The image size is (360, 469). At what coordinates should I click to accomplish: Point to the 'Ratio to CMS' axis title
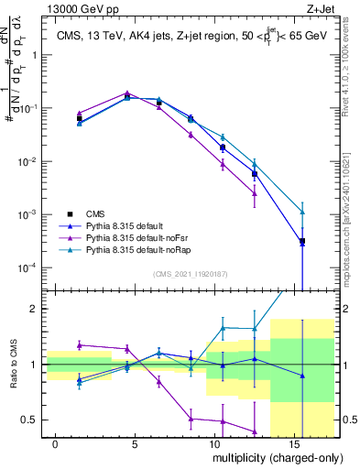13,364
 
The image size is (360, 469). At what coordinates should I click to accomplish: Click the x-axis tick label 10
213,442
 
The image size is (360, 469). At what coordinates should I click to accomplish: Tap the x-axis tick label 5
135,442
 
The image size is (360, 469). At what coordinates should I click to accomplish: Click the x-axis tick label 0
56,442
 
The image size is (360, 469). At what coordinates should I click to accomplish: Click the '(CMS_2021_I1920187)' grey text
190,272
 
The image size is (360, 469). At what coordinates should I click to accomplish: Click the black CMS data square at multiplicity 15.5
302,241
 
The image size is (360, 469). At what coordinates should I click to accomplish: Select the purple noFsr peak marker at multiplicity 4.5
127,93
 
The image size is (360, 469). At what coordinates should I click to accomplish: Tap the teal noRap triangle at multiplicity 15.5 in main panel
302,212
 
